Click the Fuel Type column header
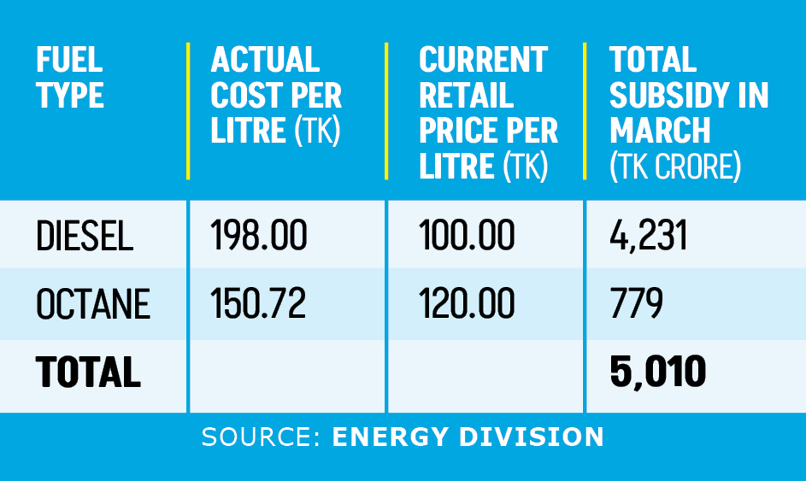click(70, 77)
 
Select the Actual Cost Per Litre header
click(276, 95)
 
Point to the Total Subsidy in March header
click(689, 112)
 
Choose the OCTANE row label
click(93, 304)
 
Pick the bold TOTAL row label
click(88, 371)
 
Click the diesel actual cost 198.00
click(259, 235)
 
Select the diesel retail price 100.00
click(467, 235)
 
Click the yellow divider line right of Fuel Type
click(188, 111)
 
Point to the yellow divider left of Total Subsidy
click(585, 111)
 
